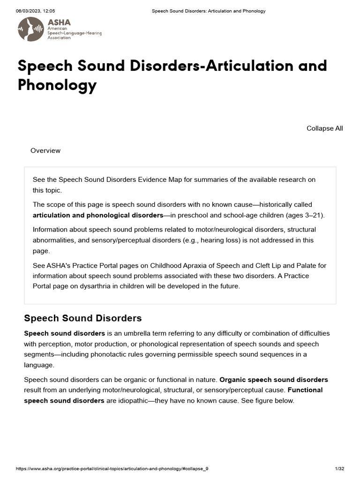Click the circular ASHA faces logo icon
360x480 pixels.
click(31, 29)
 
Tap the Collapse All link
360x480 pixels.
click(324, 128)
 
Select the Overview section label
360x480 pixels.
click(45, 150)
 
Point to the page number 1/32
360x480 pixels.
click(339, 469)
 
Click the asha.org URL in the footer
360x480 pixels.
click(112, 469)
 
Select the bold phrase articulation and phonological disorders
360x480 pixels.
click(97, 215)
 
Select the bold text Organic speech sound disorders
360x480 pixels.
click(274, 380)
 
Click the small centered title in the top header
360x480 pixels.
click(209, 11)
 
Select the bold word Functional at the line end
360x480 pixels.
click(305, 390)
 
